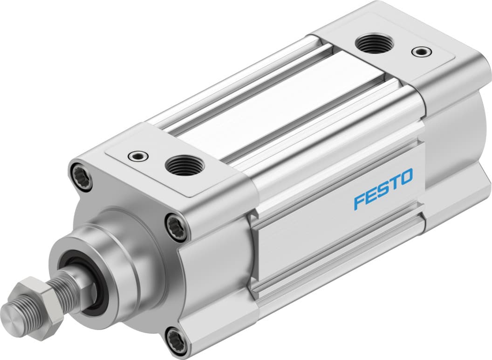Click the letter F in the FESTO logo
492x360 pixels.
(x=360, y=201)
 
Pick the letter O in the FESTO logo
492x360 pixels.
(x=406, y=177)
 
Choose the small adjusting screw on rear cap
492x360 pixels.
(x=422, y=51)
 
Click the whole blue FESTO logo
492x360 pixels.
(x=383, y=189)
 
